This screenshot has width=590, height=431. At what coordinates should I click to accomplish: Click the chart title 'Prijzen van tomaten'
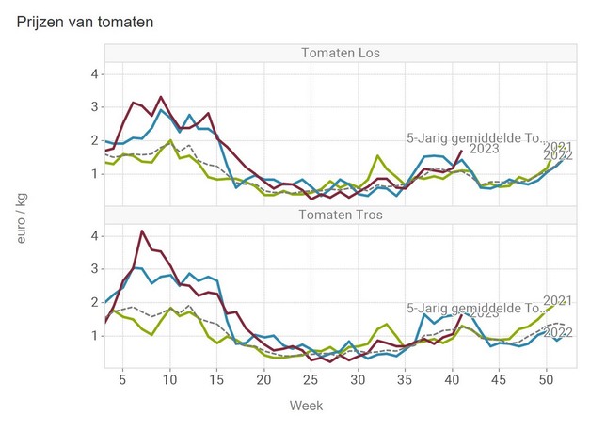86,20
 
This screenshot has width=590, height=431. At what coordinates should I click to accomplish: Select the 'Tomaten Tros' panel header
339,214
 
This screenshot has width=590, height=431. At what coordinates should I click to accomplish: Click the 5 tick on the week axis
122,378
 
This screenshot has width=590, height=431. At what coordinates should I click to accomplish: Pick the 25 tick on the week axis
311,378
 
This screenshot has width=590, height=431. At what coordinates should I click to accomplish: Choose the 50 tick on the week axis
546,378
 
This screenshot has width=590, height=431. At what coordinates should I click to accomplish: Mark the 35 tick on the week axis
405,378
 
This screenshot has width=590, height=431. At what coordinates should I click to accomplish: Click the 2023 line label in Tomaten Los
484,149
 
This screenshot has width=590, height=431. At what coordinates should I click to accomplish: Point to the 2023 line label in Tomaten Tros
484,313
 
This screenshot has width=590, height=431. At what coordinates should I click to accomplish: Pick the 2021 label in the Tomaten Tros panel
558,300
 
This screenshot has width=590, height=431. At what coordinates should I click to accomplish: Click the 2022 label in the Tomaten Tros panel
559,332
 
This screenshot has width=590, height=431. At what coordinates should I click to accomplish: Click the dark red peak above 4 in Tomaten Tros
141,231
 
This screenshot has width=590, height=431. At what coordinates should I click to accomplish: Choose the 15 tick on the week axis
216,378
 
